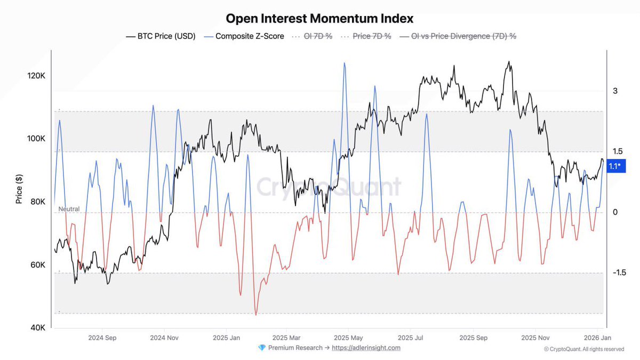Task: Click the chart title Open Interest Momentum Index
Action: [319, 18]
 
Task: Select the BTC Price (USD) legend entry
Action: [161, 36]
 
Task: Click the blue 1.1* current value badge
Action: [614, 166]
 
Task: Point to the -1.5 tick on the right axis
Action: [619, 273]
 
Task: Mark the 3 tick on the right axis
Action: [615, 91]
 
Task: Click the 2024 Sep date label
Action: [102, 338]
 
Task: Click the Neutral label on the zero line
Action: [69, 209]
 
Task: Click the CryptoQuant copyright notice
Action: [584, 349]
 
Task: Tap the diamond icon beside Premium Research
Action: [261, 348]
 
